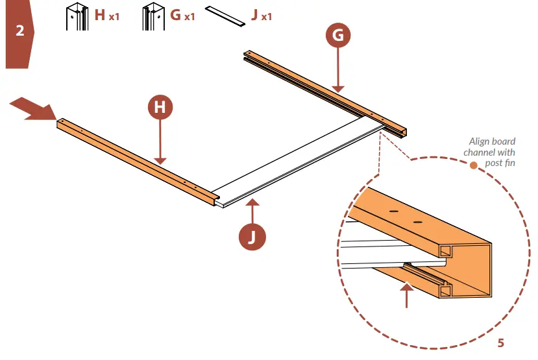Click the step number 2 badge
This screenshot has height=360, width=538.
click(x=19, y=30)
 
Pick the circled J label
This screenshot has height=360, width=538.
click(x=252, y=237)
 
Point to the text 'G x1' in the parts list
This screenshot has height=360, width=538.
click(x=182, y=15)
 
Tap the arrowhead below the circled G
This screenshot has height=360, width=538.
click(x=337, y=88)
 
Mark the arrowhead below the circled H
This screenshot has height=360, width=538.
click(x=160, y=160)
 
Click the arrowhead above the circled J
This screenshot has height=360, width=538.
click(x=252, y=204)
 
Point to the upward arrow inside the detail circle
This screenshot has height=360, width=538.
click(x=406, y=295)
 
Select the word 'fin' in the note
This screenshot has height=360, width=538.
click(x=509, y=162)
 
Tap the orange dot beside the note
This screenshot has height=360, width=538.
click(x=474, y=165)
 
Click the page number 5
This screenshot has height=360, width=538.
click(x=500, y=342)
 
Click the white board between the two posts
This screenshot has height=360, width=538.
click(x=292, y=162)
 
